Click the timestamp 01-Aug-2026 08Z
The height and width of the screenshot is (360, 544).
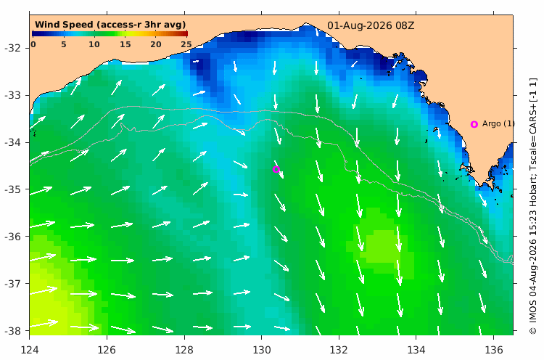tap(371, 25)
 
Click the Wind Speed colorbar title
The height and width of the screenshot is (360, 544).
tap(110, 25)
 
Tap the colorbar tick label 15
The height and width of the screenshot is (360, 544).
tap(125, 44)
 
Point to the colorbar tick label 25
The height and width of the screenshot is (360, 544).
tap(186, 44)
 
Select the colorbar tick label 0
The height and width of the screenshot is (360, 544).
tap(33, 44)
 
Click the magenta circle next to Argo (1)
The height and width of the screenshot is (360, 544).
tap(474, 124)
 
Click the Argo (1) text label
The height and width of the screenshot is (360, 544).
tap(498, 123)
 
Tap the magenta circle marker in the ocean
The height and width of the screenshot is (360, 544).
tap(276, 169)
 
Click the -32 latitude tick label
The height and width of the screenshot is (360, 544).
tap(12, 48)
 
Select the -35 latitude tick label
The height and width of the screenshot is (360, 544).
tap(12, 189)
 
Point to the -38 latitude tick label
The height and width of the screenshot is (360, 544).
tap(12, 331)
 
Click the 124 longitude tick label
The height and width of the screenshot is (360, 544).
tap(30, 350)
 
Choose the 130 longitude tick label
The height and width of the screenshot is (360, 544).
tap(261, 350)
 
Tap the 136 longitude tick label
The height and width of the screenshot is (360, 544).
tap(493, 350)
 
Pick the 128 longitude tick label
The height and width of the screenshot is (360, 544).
tap(184, 350)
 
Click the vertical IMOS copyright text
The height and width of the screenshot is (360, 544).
tap(533, 206)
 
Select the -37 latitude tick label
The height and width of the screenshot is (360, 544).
tap(12, 284)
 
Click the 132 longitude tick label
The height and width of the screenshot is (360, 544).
tap(339, 350)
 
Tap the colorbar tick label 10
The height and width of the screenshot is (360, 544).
tap(94, 44)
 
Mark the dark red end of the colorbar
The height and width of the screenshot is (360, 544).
tap(186, 33)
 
